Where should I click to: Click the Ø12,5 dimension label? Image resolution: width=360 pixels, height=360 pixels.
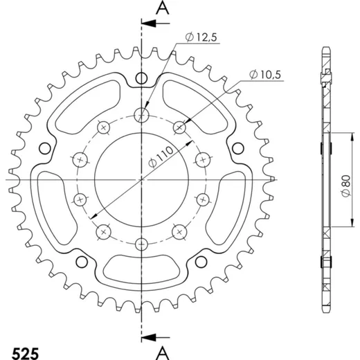(201, 37)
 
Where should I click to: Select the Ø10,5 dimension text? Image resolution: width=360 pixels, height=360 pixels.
(265, 75)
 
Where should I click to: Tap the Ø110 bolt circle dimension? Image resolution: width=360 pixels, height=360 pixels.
(161, 156)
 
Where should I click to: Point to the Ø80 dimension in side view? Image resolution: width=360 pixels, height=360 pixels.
(346, 186)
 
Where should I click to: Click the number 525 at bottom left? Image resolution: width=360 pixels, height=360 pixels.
(25, 353)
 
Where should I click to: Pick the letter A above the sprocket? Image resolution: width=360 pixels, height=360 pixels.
(163, 8)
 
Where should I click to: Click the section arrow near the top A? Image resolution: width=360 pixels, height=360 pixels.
(156, 24)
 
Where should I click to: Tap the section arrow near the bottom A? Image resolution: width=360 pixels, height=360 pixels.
(156, 338)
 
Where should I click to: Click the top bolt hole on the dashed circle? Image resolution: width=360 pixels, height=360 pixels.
(141, 115)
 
